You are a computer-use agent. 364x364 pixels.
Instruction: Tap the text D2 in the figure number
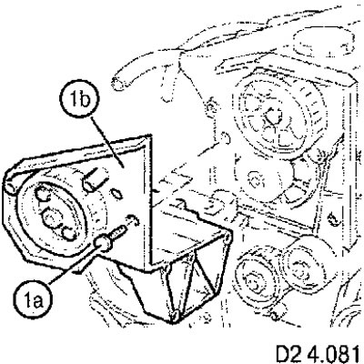[x=288, y=353]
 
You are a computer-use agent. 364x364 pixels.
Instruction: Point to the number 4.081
[x=333, y=353]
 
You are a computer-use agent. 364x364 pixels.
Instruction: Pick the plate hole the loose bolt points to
[x=133, y=219]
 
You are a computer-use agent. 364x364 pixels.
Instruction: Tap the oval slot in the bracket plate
[x=116, y=194]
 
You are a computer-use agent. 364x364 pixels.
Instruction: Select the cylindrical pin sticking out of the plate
[x=95, y=178]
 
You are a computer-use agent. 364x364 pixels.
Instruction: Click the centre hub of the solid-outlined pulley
[x=51, y=217]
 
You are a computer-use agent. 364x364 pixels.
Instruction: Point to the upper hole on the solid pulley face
[x=43, y=194]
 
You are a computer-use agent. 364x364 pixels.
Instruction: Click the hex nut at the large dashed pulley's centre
[x=272, y=116]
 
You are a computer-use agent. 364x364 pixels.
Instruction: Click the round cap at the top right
[x=324, y=42]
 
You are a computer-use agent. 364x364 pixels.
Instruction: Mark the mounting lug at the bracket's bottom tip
[x=174, y=316]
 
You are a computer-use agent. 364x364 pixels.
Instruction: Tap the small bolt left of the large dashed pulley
[x=210, y=106]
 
